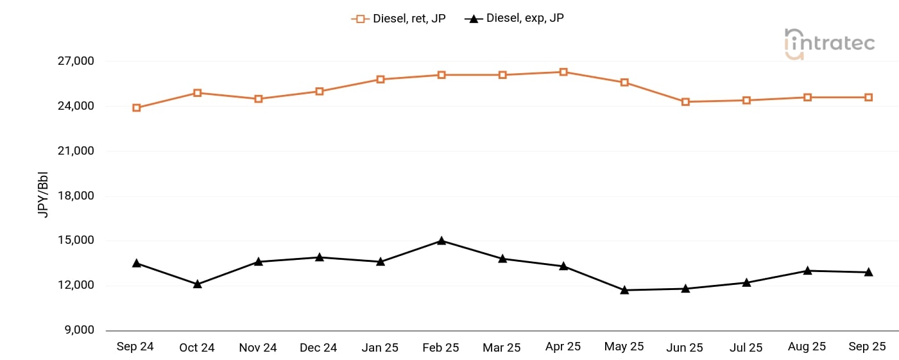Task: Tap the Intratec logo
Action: [x=829, y=43]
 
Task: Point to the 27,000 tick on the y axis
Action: [x=76, y=62]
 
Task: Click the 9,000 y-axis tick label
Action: [x=80, y=330]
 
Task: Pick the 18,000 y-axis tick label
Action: [x=76, y=196]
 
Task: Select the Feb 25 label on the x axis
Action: [x=441, y=347]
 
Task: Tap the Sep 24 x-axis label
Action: [x=135, y=347]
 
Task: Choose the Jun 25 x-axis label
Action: [x=685, y=347]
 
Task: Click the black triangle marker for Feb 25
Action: [x=441, y=241]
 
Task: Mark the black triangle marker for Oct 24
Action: [x=198, y=284]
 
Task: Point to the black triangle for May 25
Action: [x=624, y=290]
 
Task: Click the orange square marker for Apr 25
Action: [x=563, y=72]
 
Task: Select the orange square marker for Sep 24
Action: [x=137, y=108]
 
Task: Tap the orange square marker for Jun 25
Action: [x=685, y=101]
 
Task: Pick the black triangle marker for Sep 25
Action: [x=868, y=272]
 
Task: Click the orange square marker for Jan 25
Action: [x=381, y=80]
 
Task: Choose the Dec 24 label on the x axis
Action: [x=318, y=347]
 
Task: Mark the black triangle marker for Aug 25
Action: [x=807, y=271]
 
